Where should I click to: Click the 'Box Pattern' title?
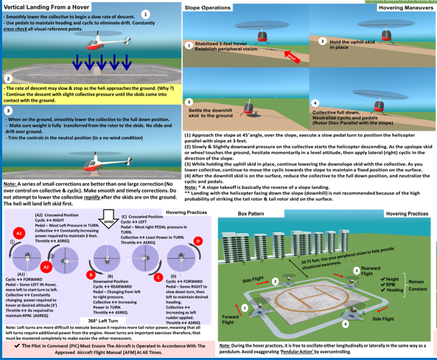251,213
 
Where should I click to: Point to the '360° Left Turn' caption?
102,321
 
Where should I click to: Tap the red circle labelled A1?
20,233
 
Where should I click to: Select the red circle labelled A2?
46,266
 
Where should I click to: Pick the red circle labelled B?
91,275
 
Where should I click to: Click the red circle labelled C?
158,277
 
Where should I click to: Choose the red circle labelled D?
197,241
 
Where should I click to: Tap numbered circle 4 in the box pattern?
346,324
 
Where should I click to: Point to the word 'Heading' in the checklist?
394,290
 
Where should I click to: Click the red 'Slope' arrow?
292,56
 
